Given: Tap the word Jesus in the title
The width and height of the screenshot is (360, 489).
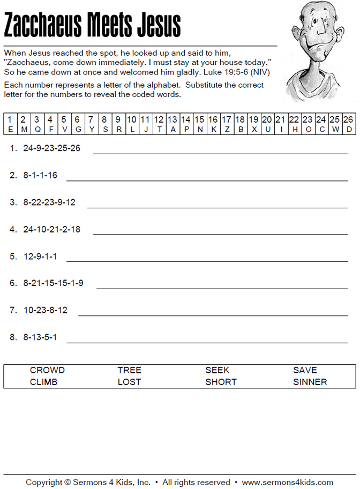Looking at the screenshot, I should (157, 25).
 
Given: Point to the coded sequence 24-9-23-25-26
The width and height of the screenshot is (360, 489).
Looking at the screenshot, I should (52, 148).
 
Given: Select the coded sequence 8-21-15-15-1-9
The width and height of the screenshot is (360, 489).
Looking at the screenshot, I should (53, 283).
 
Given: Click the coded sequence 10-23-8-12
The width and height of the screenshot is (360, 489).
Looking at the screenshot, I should (46, 310).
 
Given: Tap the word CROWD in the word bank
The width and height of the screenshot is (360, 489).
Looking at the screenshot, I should (47, 370).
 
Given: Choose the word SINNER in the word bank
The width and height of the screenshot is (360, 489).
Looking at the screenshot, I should (310, 382).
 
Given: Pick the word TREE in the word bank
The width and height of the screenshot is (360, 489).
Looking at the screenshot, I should (129, 370).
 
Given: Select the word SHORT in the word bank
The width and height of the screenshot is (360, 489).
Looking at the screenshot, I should (221, 382).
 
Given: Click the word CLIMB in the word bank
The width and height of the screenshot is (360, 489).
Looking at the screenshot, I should (43, 382).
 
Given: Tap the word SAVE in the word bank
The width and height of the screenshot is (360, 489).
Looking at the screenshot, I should (305, 370).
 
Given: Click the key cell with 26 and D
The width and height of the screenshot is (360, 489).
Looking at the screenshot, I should (348, 124).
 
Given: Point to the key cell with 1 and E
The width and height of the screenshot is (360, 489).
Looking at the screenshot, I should (10, 124).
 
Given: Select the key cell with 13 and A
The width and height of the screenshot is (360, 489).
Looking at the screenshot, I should (172, 124).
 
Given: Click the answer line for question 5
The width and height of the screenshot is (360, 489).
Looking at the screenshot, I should (207, 261).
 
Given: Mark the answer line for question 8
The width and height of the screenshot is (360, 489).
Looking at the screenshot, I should (207, 342).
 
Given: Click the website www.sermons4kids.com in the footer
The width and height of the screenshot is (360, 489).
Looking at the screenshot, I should (288, 482).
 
